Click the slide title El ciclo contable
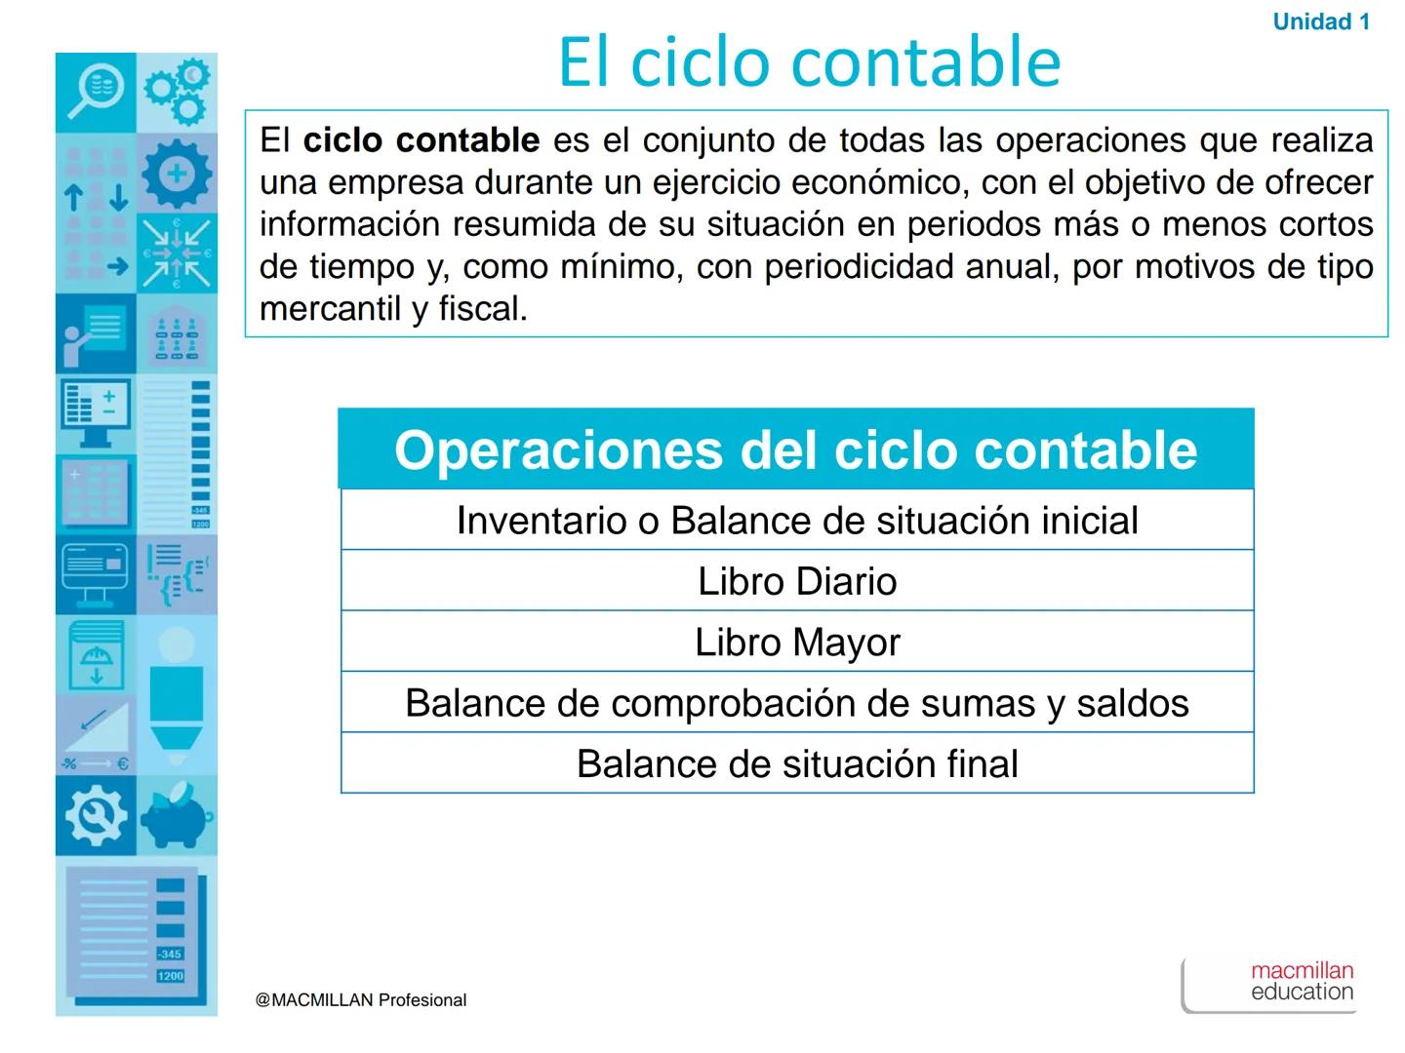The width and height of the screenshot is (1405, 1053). pos(809,61)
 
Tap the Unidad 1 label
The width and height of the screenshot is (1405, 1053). pos(1321,22)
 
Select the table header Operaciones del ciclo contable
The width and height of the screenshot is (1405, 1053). pos(795,449)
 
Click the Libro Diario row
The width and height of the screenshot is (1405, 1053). pos(797,581)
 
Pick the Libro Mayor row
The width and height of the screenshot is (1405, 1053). pos(797,643)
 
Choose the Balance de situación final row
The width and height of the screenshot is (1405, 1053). pos(797,763)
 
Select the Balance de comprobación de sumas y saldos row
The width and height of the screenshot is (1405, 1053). pos(797,703)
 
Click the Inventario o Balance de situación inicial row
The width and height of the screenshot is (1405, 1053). pos(797,521)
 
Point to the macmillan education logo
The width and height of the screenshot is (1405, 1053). pos(1301,982)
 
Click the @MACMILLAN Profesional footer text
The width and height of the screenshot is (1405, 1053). pos(361,1000)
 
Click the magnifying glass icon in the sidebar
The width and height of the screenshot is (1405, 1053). pos(96,92)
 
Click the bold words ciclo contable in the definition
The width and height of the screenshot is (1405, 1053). pos(421,141)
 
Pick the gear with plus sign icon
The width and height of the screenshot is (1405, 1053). pos(177,174)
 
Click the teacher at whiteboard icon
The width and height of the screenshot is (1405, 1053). pos(95,333)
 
